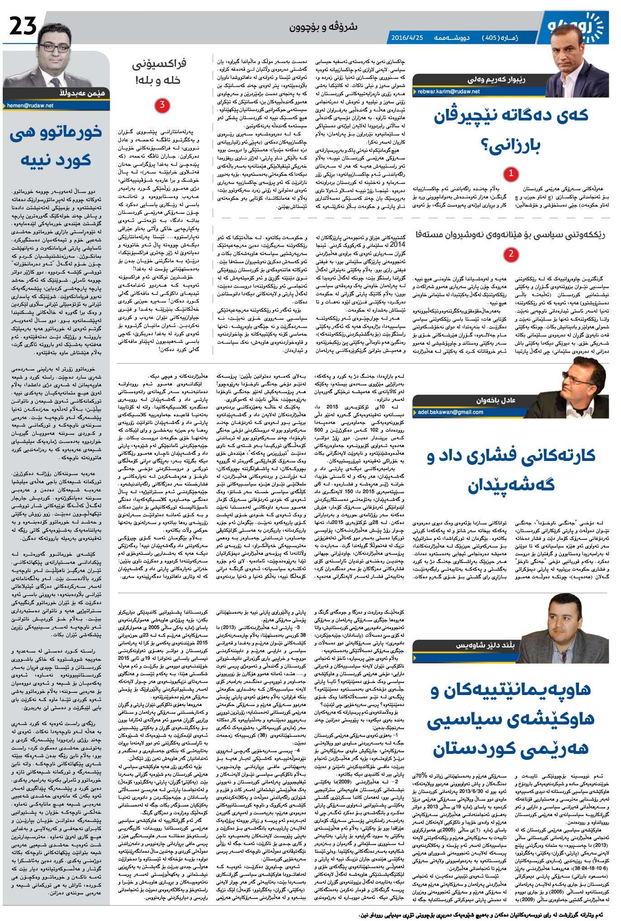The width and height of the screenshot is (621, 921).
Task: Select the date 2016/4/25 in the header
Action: click(406, 38)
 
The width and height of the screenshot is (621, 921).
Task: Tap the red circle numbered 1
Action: click(511, 173)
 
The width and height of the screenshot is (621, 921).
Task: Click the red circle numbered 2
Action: click(511, 254)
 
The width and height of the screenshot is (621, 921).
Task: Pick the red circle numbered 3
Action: click(162, 106)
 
